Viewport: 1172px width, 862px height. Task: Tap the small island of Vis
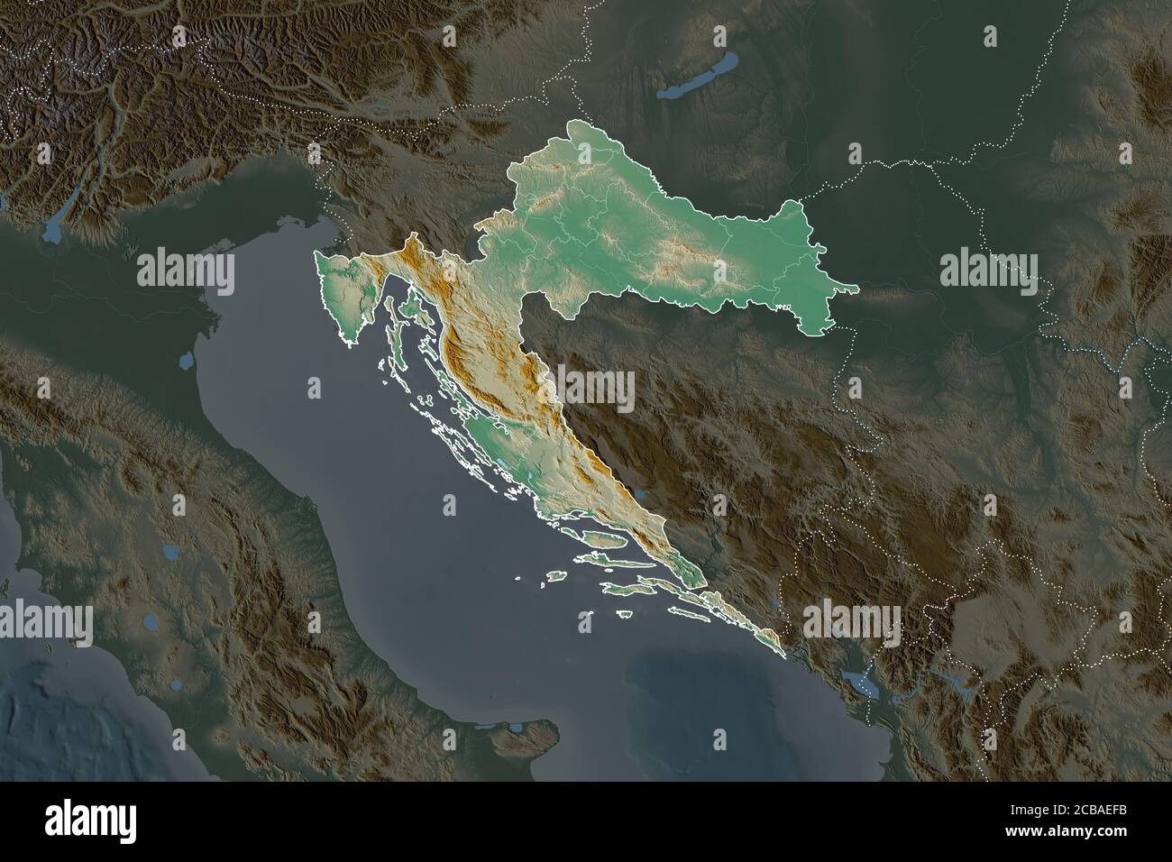click(557, 575)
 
